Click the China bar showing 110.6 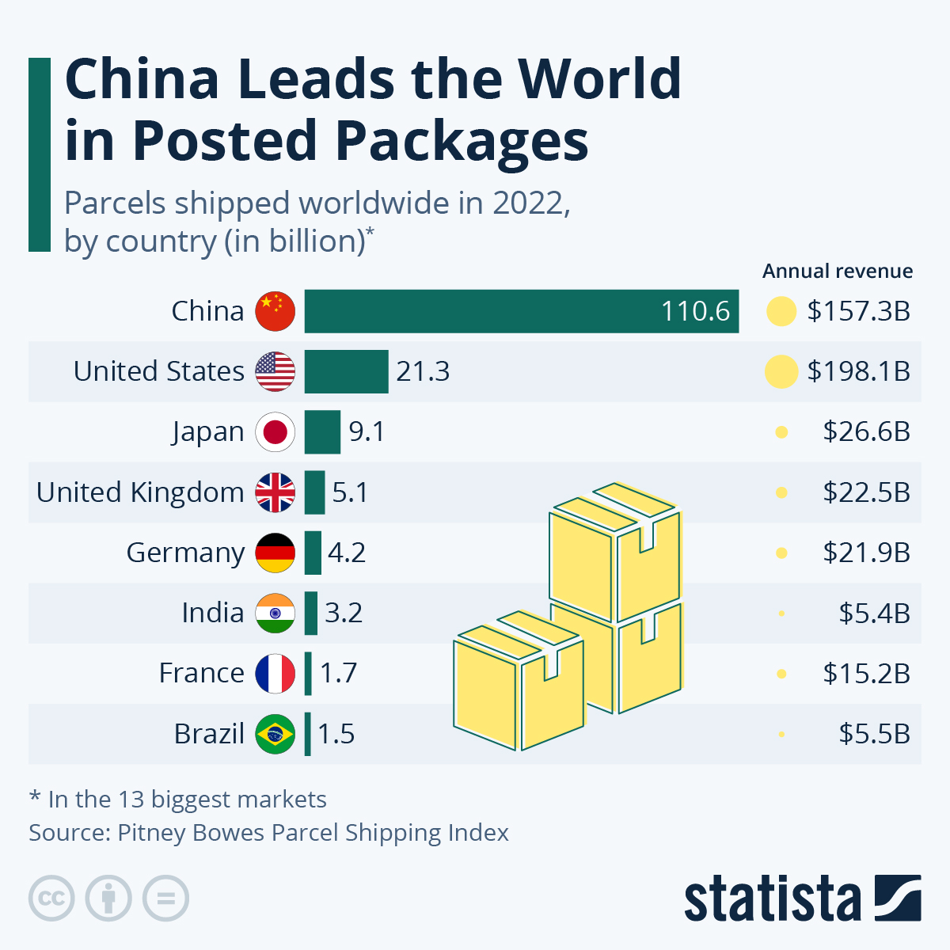[x=521, y=311]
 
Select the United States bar [x=346, y=371]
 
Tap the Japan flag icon [x=275, y=432]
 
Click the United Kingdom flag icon [x=275, y=492]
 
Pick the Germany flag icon [x=275, y=553]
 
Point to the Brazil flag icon [x=275, y=734]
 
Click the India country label [x=212, y=613]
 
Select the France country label [x=201, y=673]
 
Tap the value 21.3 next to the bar [x=423, y=371]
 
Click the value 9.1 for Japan [x=367, y=432]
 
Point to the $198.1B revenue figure [x=858, y=371]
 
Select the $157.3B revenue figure [x=858, y=311]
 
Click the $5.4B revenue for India [x=874, y=613]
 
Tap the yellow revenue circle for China [x=781, y=311]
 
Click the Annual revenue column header [x=837, y=272]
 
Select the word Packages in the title [x=462, y=141]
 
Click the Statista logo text [x=772, y=899]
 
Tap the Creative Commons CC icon [x=51, y=899]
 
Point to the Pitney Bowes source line [x=268, y=833]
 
